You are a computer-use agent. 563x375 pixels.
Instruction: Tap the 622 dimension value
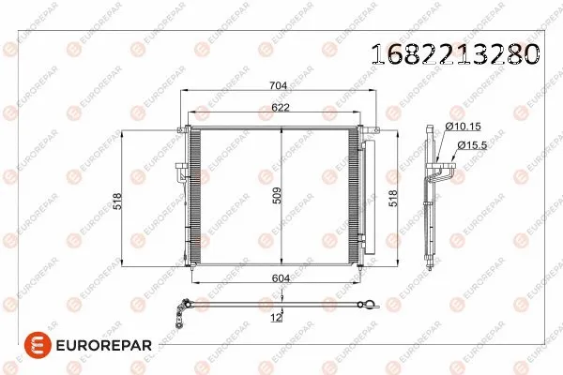coord(281,107)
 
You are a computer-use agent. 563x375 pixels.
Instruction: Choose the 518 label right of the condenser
coord(393,199)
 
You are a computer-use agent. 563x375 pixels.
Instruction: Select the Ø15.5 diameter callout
coord(472,145)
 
